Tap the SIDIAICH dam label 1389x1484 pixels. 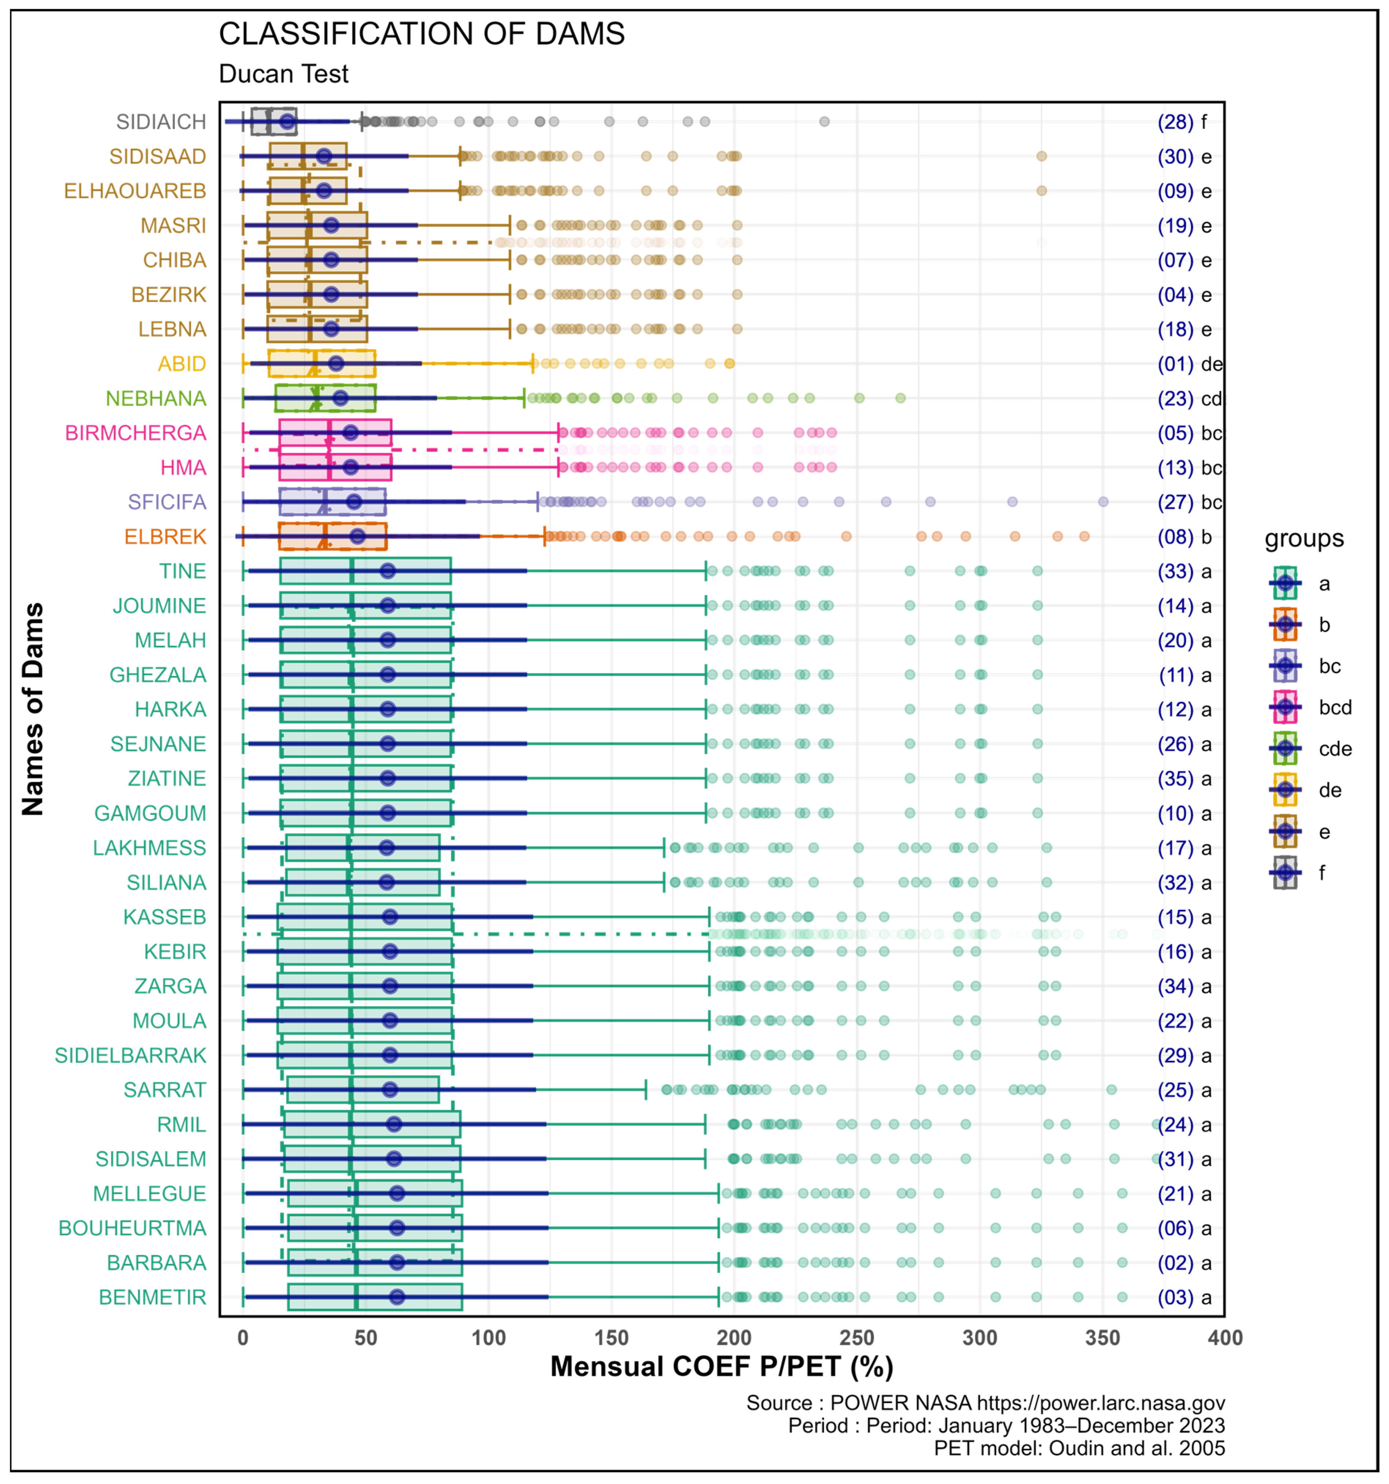(x=161, y=122)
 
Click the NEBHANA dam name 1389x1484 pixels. (x=156, y=399)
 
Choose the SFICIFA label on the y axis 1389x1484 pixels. (x=167, y=502)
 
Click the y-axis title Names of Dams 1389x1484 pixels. (x=33, y=709)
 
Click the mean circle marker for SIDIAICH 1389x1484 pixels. (x=287, y=122)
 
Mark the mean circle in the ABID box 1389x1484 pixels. (x=336, y=363)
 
